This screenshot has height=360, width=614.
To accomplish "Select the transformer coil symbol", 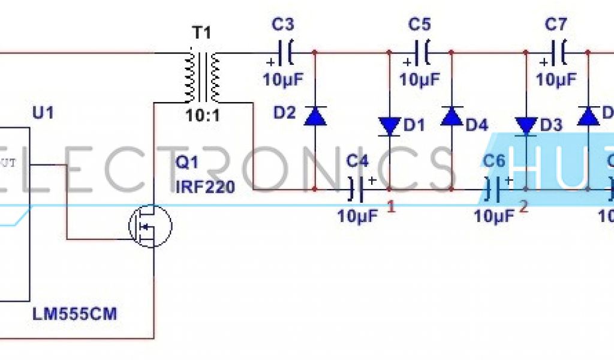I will coord(201,77).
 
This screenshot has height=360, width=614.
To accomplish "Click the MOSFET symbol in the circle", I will coord(150,226).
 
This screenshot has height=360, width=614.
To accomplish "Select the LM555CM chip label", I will coord(75,313).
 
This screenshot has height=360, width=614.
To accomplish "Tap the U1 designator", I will coord(42,112).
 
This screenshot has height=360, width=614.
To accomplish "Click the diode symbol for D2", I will coord(315,116).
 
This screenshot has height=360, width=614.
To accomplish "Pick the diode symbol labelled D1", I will coord(390,126).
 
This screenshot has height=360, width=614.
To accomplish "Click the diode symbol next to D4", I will coord(452,116).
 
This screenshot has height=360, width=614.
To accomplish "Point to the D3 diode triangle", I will coord(526,126).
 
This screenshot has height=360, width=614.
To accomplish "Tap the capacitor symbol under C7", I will coord(558,53).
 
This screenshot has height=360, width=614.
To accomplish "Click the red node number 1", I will coord(392,207).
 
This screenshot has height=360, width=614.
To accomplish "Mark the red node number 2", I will coord(523,207).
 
